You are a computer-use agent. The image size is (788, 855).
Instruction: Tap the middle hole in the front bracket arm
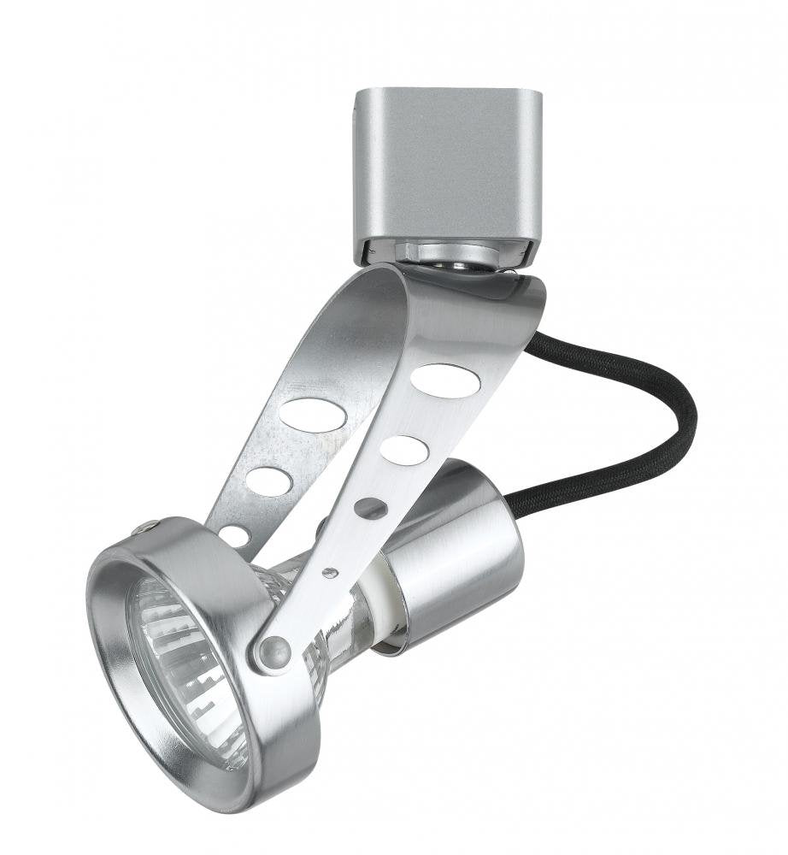coord(404,451)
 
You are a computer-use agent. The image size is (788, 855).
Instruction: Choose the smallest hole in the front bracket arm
coord(370,508)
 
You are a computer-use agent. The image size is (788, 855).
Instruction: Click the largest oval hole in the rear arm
coord(312,415)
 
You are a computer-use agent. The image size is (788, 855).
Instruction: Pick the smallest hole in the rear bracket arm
coord(233,536)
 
